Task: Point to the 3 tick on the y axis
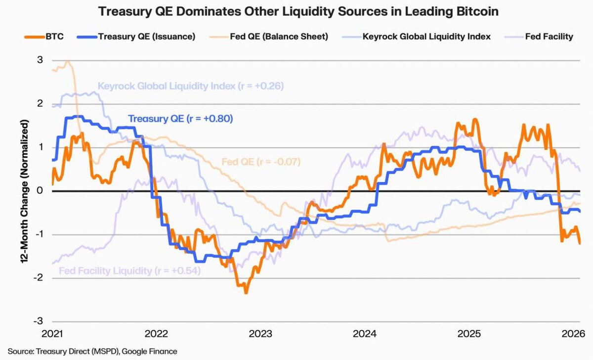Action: click(40, 60)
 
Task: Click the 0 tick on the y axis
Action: click(40, 191)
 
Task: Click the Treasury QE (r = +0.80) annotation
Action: click(180, 119)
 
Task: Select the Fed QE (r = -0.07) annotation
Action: click(261, 162)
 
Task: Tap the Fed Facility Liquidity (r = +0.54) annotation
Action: click(129, 271)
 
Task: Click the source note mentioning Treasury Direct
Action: click(92, 351)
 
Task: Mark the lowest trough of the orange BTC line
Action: click(246, 293)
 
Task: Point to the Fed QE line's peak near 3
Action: click(68, 62)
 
